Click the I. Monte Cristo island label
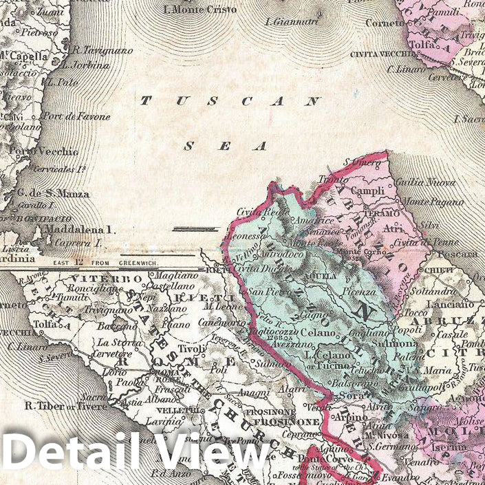point(200,10)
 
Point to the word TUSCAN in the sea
point(230,101)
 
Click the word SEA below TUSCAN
point(224,146)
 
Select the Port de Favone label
point(76,116)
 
